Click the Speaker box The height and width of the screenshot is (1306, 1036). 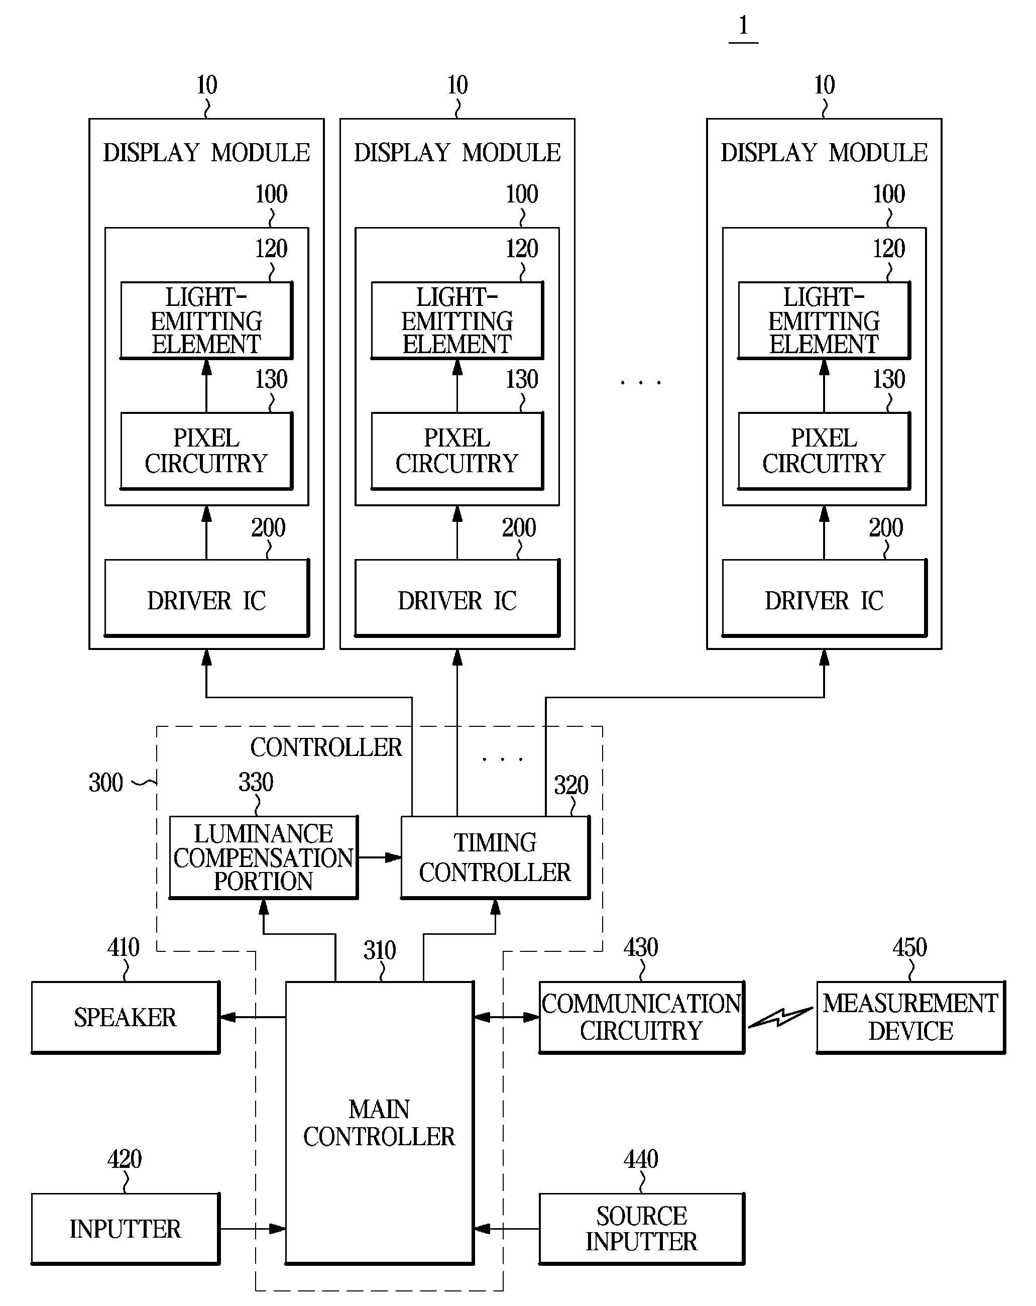click(126, 1017)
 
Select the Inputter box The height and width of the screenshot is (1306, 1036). click(126, 1229)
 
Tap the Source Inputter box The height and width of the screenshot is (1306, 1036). click(642, 1229)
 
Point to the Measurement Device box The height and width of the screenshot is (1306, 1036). click(910, 1017)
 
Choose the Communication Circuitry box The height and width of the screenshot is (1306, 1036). click(642, 1017)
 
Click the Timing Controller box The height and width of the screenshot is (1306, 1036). click(495, 857)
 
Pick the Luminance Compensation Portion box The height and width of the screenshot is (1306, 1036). click(263, 857)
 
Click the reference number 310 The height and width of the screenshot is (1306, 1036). click(380, 950)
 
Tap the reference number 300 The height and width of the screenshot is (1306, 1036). click(106, 783)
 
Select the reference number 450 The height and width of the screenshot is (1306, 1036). click(909, 947)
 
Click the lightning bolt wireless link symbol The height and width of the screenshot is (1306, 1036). click(780, 1018)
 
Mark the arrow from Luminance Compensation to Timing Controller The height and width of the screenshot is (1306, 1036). click(380, 857)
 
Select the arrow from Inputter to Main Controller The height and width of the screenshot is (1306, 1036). click(253, 1229)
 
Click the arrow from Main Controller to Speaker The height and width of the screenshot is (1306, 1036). click(253, 1017)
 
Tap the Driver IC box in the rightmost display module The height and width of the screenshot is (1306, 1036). click(824, 598)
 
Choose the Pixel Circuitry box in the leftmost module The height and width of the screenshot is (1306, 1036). click(206, 451)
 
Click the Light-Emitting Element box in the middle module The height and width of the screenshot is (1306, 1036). click(457, 320)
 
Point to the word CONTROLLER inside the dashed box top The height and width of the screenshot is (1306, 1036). click(326, 747)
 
